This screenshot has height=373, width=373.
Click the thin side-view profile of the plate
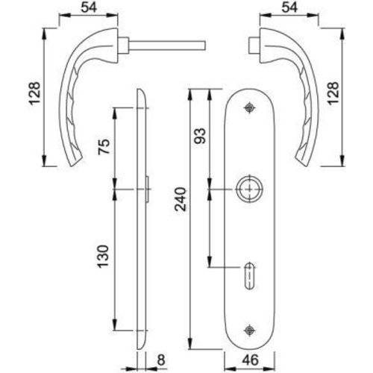142,224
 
